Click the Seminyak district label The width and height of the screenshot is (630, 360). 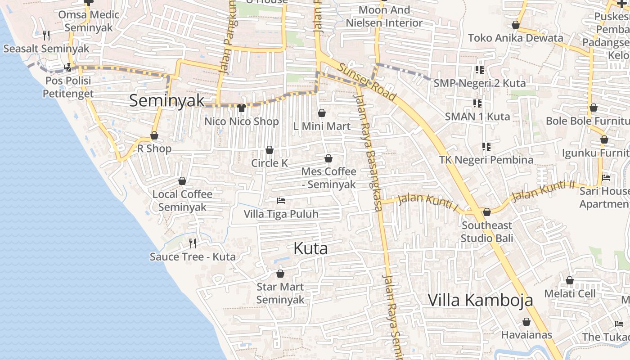[x=167, y=100]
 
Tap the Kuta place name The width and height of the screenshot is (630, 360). [x=310, y=248]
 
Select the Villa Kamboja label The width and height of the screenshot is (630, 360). [x=480, y=300]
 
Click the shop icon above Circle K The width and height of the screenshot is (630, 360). [x=270, y=150]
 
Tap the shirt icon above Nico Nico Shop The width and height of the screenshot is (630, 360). [x=242, y=108]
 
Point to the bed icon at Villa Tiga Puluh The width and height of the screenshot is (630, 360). [x=281, y=200]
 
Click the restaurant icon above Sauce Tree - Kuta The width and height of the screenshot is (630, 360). [x=193, y=243]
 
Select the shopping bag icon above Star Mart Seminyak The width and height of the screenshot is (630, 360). [x=280, y=274]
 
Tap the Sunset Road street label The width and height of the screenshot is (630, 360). [x=367, y=82]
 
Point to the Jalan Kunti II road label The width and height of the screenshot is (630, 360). [x=544, y=191]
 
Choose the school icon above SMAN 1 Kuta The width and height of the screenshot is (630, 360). [x=477, y=104]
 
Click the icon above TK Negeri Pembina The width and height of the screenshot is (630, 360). [x=486, y=147]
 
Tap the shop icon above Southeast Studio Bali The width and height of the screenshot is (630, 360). [x=486, y=212]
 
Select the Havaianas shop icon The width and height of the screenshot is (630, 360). [x=526, y=322]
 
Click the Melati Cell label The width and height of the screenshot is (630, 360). [x=570, y=294]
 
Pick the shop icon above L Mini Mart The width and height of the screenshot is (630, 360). [x=322, y=113]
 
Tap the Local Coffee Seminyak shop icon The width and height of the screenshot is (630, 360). [x=182, y=181]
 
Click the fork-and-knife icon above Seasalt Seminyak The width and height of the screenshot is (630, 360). [x=46, y=35]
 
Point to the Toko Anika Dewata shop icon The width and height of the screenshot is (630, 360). [x=516, y=25]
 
